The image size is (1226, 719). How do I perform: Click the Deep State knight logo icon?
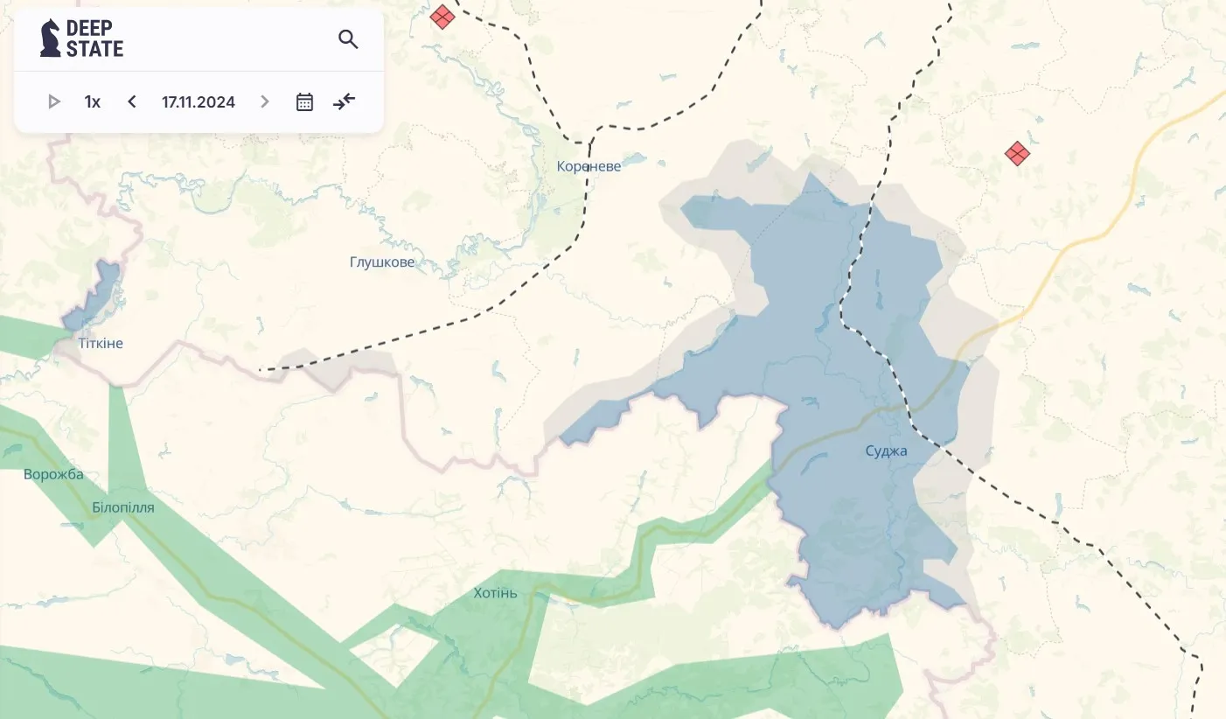[x=51, y=38]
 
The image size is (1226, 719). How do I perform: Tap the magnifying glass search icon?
[x=348, y=39]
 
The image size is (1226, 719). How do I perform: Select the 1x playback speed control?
[x=93, y=102]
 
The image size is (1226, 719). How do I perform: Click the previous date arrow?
[x=132, y=102]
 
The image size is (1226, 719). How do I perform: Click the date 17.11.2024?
[x=199, y=102]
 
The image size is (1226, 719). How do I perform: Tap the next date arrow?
[x=265, y=102]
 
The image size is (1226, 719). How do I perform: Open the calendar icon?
[x=304, y=102]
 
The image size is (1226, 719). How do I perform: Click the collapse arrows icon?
[x=345, y=101]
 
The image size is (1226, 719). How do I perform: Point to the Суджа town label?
[x=886, y=451]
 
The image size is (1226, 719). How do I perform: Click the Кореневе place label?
[x=589, y=166]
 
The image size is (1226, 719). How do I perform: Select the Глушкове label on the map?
[x=382, y=262]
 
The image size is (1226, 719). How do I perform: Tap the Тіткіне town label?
[x=101, y=344]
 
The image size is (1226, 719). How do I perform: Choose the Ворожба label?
[x=53, y=475]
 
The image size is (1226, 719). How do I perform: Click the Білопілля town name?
[x=123, y=507]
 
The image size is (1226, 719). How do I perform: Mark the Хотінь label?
[x=495, y=594]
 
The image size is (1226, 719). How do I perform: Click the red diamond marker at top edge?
[x=442, y=16]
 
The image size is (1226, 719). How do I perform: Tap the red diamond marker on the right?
[x=1016, y=155]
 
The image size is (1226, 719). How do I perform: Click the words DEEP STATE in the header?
[x=94, y=38]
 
